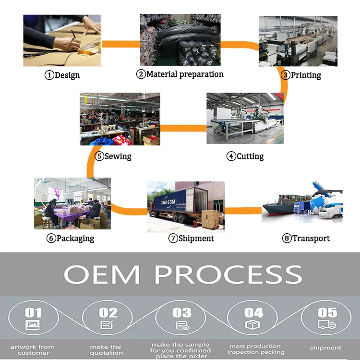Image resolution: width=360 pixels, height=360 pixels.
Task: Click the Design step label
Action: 62,75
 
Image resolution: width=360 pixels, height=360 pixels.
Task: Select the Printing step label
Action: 301,75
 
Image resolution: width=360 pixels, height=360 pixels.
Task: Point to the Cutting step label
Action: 245,156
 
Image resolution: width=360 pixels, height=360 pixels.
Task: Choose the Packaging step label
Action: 71,238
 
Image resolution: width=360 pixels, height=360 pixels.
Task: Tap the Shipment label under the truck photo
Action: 191,238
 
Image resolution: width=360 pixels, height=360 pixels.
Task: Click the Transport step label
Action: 306,238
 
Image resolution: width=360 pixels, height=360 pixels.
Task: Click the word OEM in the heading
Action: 102,275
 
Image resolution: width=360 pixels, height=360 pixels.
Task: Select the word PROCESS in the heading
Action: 228,275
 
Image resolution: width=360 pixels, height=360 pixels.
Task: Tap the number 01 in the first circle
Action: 33,313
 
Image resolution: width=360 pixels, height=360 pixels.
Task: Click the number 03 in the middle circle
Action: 182,312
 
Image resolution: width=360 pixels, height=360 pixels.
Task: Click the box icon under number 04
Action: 253,325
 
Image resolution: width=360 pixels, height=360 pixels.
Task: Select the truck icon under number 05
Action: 326,325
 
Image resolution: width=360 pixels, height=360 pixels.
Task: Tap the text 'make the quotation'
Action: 106,350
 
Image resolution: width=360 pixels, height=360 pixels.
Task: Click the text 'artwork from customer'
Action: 33,350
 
